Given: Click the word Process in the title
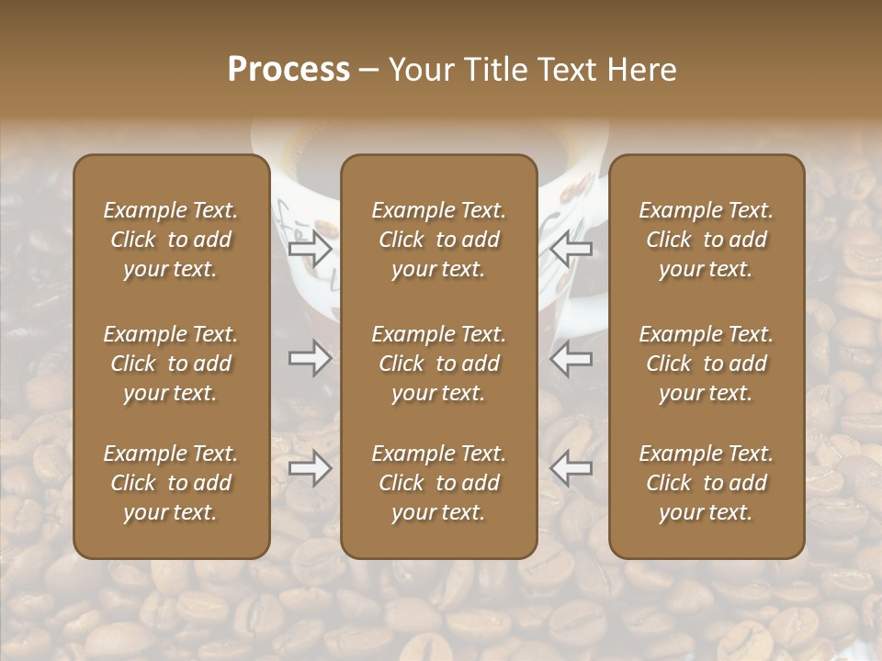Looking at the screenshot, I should point(288,70).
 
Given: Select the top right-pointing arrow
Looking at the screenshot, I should point(311,248).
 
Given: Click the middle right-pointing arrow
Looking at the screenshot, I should point(311,358).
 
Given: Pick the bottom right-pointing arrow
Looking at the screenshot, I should point(311,468).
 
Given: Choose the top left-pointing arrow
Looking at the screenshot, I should point(571,248).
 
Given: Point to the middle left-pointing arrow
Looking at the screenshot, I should point(571,358).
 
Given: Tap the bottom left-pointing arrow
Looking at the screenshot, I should point(571,468).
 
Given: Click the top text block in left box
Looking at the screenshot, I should point(171,240).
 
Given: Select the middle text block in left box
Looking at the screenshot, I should point(171,364).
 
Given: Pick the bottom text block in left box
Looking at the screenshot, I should point(171,483).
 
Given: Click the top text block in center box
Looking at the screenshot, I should point(438,240).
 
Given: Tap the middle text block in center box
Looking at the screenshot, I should point(438,364).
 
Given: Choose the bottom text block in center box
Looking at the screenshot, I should point(438,483).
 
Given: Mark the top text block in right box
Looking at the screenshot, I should point(706,240).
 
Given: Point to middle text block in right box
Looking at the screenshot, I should point(706,364).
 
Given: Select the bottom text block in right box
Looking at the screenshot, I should point(706,483).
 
